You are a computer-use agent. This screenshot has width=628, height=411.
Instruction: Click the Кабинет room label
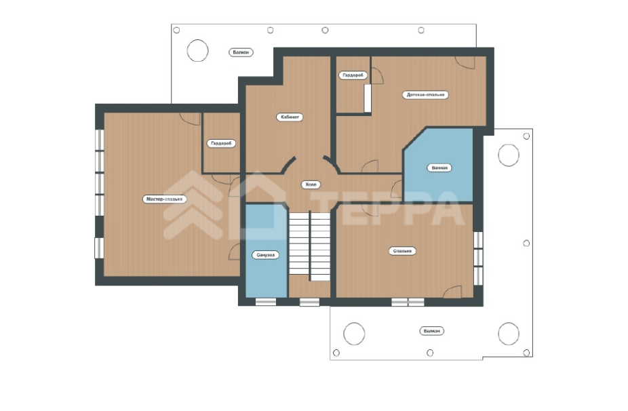pyautogui.click(x=290, y=117)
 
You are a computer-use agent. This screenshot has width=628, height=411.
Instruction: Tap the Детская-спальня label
pyautogui.click(x=425, y=95)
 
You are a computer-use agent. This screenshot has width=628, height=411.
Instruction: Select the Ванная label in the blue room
pyautogui.click(x=439, y=168)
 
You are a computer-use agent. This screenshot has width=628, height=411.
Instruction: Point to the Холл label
pyautogui.click(x=311, y=184)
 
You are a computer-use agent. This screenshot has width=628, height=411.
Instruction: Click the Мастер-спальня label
pyautogui.click(x=164, y=199)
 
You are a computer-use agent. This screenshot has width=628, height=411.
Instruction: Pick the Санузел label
pyautogui.click(x=266, y=255)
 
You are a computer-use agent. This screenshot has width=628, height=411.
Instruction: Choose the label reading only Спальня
pyautogui.click(x=402, y=251)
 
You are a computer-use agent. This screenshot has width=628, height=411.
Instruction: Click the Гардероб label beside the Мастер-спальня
pyautogui.click(x=222, y=143)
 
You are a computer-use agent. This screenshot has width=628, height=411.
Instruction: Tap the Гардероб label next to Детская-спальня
pyautogui.click(x=353, y=75)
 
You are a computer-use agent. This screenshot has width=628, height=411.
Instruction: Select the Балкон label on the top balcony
pyautogui.click(x=241, y=52)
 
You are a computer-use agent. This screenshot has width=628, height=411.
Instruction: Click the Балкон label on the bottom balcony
pyautogui.click(x=432, y=331)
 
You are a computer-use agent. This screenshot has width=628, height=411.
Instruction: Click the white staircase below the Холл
pyautogui.click(x=310, y=246)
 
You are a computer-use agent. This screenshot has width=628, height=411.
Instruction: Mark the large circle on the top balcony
pyautogui.click(x=197, y=50)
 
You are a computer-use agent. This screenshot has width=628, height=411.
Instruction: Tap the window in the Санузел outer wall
pyautogui.click(x=266, y=302)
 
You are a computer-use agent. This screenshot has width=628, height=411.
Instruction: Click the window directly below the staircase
pyautogui.click(x=310, y=302)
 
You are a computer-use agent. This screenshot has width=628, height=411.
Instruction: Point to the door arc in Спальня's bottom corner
pyautogui.click(x=453, y=292)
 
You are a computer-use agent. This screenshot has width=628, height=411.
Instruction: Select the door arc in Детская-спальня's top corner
pyautogui.click(x=465, y=62)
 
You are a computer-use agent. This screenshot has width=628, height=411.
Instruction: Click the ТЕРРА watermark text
pyautogui.click(x=389, y=208)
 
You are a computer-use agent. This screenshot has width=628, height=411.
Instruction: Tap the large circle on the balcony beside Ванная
pyautogui.click(x=509, y=155)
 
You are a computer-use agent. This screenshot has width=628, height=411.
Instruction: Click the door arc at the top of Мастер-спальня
pyautogui.click(x=190, y=119)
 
